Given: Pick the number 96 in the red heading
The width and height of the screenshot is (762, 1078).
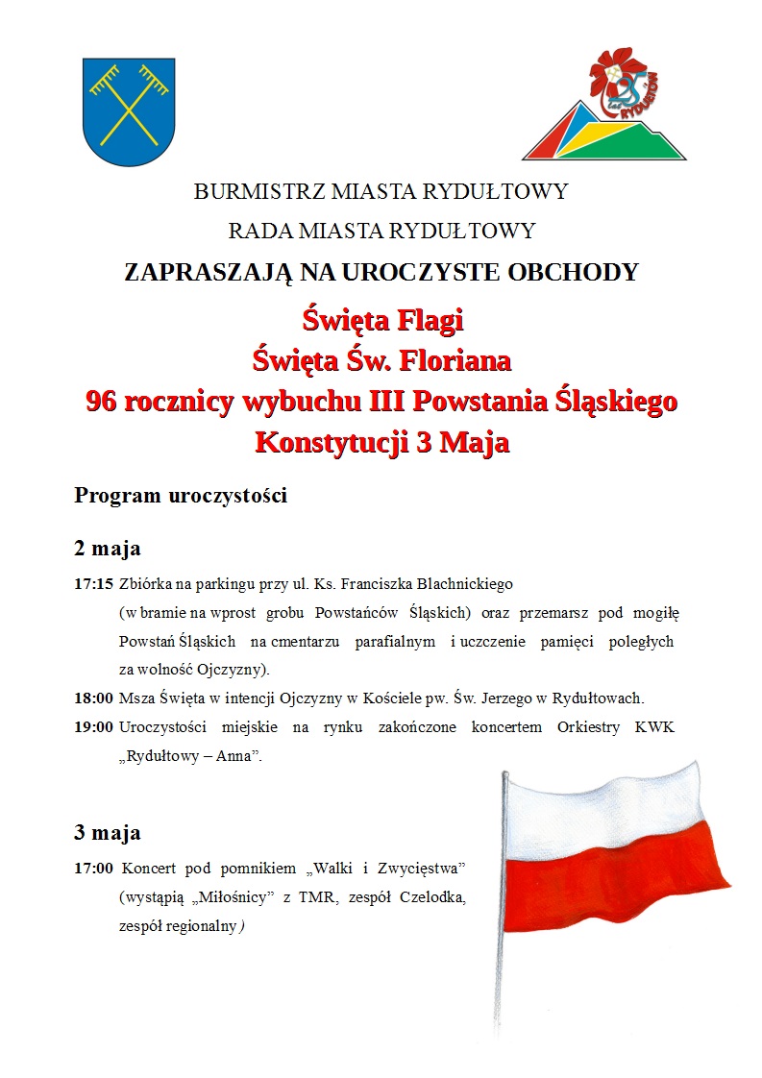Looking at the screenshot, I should tap(101, 402).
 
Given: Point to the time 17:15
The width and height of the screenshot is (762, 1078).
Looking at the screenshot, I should tap(93, 583).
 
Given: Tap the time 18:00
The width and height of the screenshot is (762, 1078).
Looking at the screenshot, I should tap(93, 698).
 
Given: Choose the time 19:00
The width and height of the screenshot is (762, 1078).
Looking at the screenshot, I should tap(93, 726).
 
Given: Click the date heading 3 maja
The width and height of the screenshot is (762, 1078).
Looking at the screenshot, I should tap(108, 831).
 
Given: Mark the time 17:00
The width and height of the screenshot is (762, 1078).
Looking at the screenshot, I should tap(93, 869).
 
